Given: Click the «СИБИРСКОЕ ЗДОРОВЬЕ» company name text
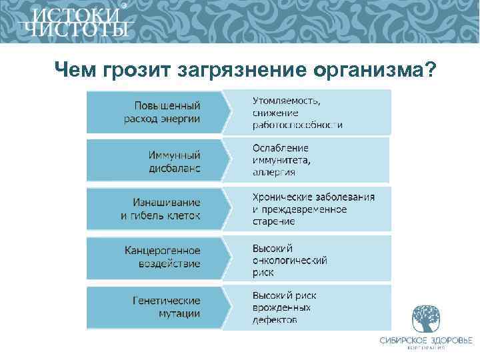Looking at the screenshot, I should point(425,341).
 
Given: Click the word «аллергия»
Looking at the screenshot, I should point(273,172).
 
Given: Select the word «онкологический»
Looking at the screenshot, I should point(289,260).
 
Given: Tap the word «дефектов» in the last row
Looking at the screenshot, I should point(275,320).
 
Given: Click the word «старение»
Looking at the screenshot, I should point(273,221).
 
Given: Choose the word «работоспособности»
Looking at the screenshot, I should point(297,125).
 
